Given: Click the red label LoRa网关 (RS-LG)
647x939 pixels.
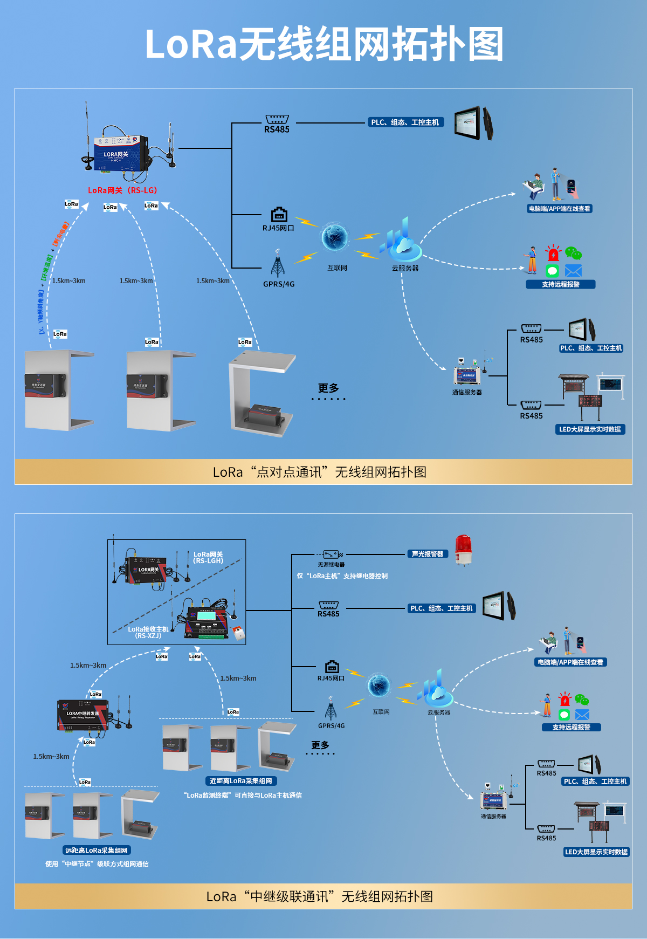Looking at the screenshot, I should (x=122, y=190).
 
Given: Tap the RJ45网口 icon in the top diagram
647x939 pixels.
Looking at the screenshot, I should (x=279, y=215).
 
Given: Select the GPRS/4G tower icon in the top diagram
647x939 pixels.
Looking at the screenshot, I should (x=278, y=264).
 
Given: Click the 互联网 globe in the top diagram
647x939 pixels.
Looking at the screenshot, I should (x=334, y=237).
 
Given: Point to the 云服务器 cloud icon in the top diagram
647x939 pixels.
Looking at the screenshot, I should (x=401, y=241).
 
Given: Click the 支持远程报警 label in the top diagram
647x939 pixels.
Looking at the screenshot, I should (x=560, y=284).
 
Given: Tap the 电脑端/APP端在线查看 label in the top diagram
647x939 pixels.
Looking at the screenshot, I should (x=559, y=209).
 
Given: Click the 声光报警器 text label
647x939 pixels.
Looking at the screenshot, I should (x=427, y=554).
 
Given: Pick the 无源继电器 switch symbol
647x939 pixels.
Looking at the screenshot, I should (x=332, y=554).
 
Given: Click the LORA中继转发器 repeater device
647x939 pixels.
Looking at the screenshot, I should (x=83, y=715).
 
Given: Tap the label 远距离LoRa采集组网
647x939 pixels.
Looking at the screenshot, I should (x=97, y=851).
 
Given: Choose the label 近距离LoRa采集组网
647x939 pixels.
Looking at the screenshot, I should (x=240, y=781).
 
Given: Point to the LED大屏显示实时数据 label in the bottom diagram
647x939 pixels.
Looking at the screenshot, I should (x=596, y=852).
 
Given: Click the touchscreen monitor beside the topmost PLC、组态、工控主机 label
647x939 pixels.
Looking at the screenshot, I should (x=473, y=124).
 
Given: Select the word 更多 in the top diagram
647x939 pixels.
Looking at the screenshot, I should (x=328, y=388).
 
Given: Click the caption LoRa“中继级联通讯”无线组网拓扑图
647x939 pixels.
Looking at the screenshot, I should (x=320, y=896).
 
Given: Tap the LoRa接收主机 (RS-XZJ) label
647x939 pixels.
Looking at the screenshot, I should (x=148, y=632).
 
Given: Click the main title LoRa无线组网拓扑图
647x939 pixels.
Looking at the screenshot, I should (x=323, y=44).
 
